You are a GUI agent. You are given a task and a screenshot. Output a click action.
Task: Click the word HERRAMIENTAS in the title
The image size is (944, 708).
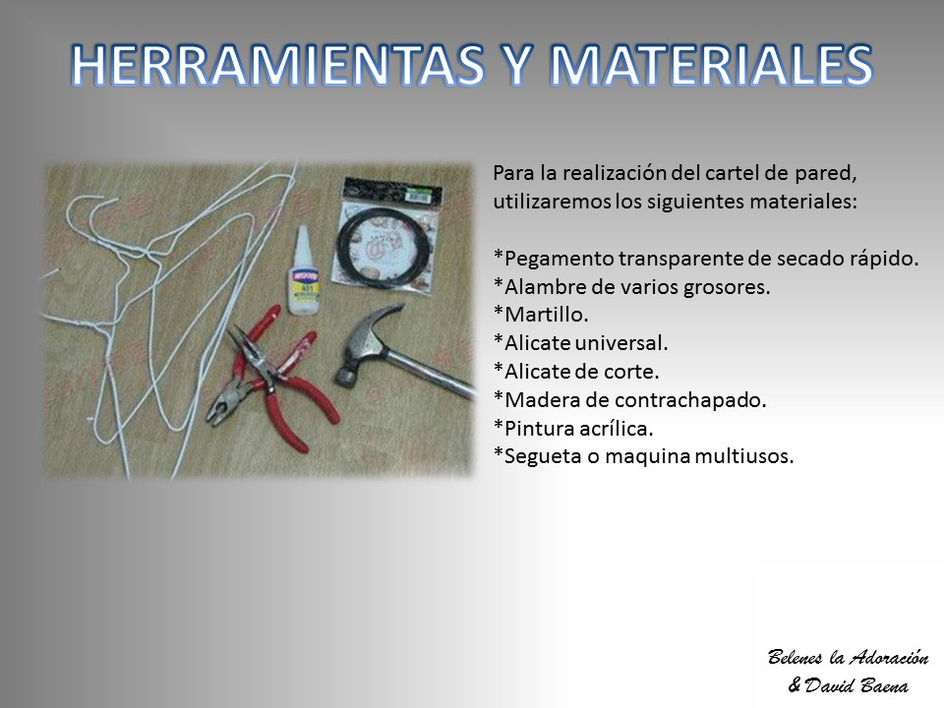277,65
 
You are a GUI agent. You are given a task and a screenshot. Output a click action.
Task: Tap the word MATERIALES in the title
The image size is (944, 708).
712,65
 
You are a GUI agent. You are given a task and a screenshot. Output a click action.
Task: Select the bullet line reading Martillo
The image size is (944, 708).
541,315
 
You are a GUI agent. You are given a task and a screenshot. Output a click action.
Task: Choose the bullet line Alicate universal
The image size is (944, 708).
581,343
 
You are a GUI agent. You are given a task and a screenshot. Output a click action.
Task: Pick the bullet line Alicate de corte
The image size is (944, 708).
576,372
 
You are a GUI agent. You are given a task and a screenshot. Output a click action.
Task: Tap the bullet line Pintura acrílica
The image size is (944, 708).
573,428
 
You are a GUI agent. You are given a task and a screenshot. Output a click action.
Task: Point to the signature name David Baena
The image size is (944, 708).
856,685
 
